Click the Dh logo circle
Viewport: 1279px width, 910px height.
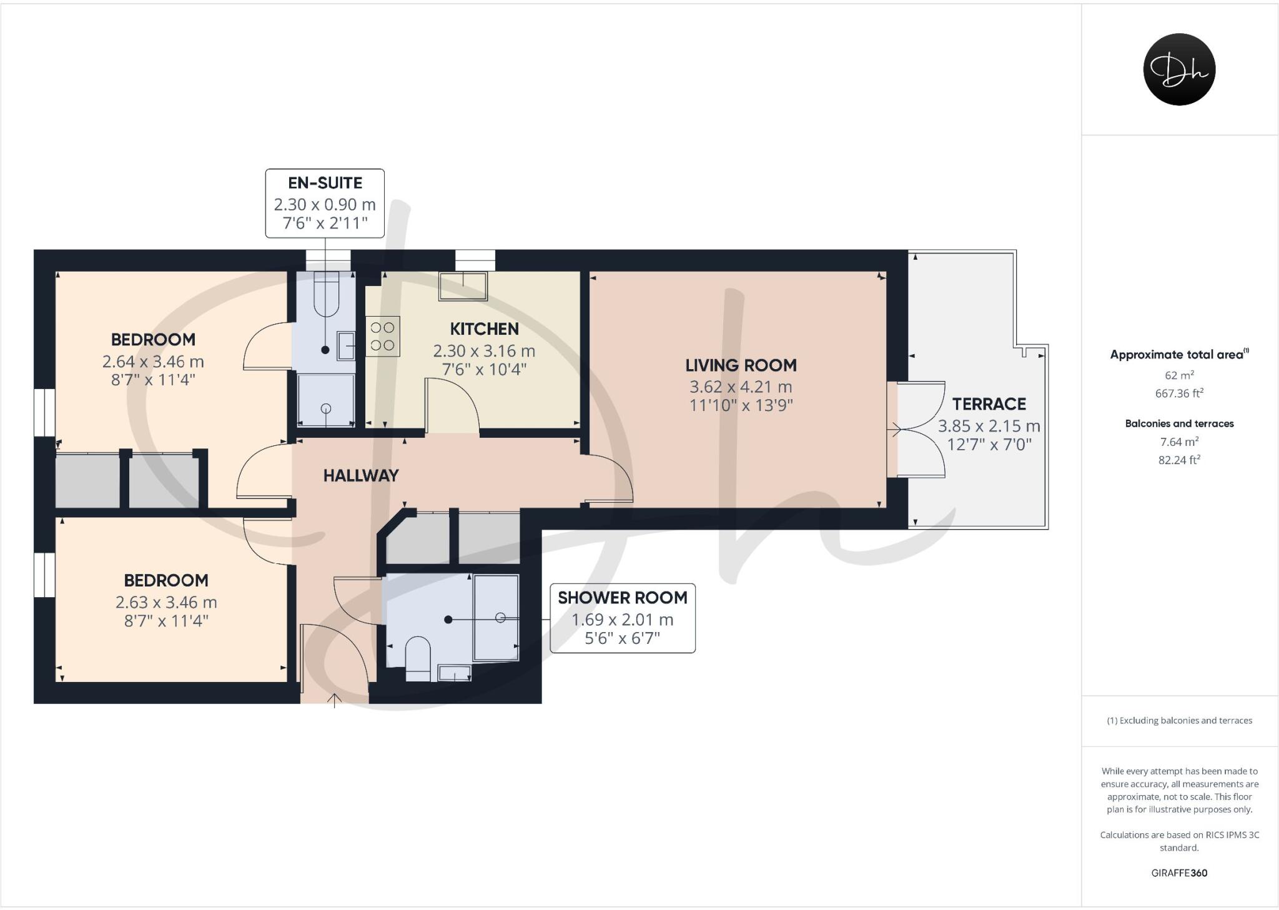[x=1179, y=69]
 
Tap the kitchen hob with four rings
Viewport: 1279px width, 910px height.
[x=382, y=336]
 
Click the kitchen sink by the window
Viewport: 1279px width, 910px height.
[x=463, y=286]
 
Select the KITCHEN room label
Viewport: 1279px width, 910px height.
[x=484, y=329]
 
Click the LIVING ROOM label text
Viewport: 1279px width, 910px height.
[x=741, y=365]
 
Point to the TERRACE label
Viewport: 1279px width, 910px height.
[x=989, y=404]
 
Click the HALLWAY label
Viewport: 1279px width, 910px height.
[x=360, y=476]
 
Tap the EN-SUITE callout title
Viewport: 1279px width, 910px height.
[x=325, y=183]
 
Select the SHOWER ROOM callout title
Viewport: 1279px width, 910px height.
[x=622, y=598]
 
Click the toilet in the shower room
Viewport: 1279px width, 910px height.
[x=418, y=657]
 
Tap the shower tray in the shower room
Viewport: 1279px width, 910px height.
[x=496, y=618]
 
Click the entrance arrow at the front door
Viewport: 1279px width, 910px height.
[x=335, y=700]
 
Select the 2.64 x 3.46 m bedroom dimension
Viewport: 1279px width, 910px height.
[x=153, y=362]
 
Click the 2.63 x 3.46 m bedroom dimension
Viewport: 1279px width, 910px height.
[x=166, y=603]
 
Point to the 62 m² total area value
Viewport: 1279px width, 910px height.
[x=1179, y=375]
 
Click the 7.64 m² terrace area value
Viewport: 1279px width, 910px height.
[x=1179, y=442]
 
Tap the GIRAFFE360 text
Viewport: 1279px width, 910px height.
[x=1179, y=873]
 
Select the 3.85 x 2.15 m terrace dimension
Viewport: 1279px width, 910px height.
[x=989, y=427]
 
